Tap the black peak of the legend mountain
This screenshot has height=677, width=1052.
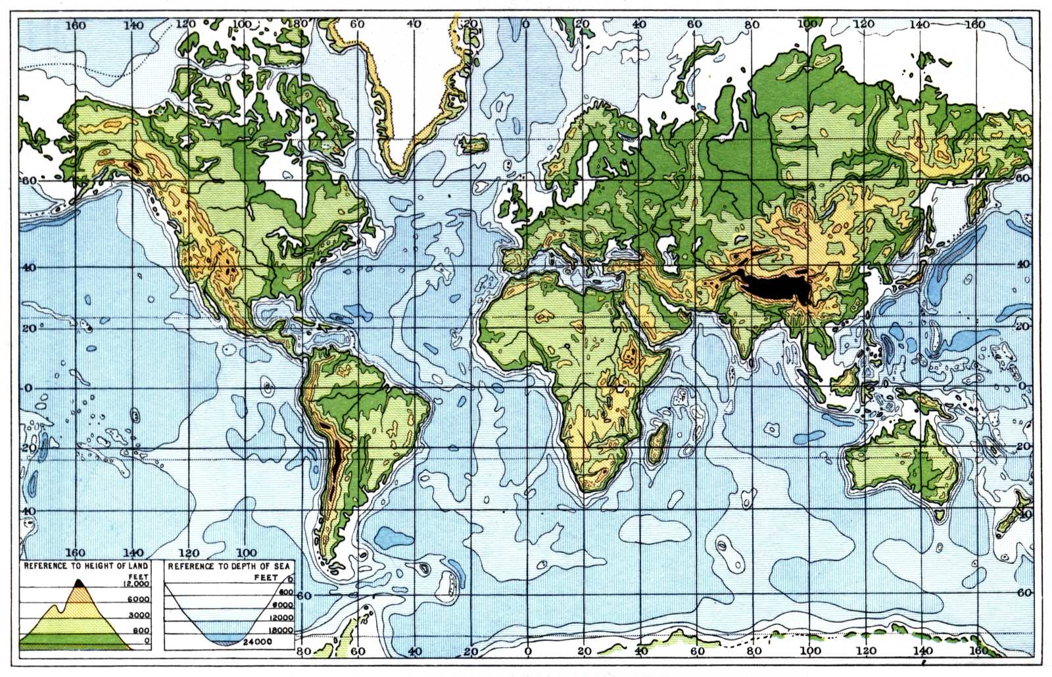tap(79, 582)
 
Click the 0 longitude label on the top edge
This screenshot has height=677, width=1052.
tap(525, 24)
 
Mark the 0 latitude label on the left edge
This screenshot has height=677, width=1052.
tap(28, 388)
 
